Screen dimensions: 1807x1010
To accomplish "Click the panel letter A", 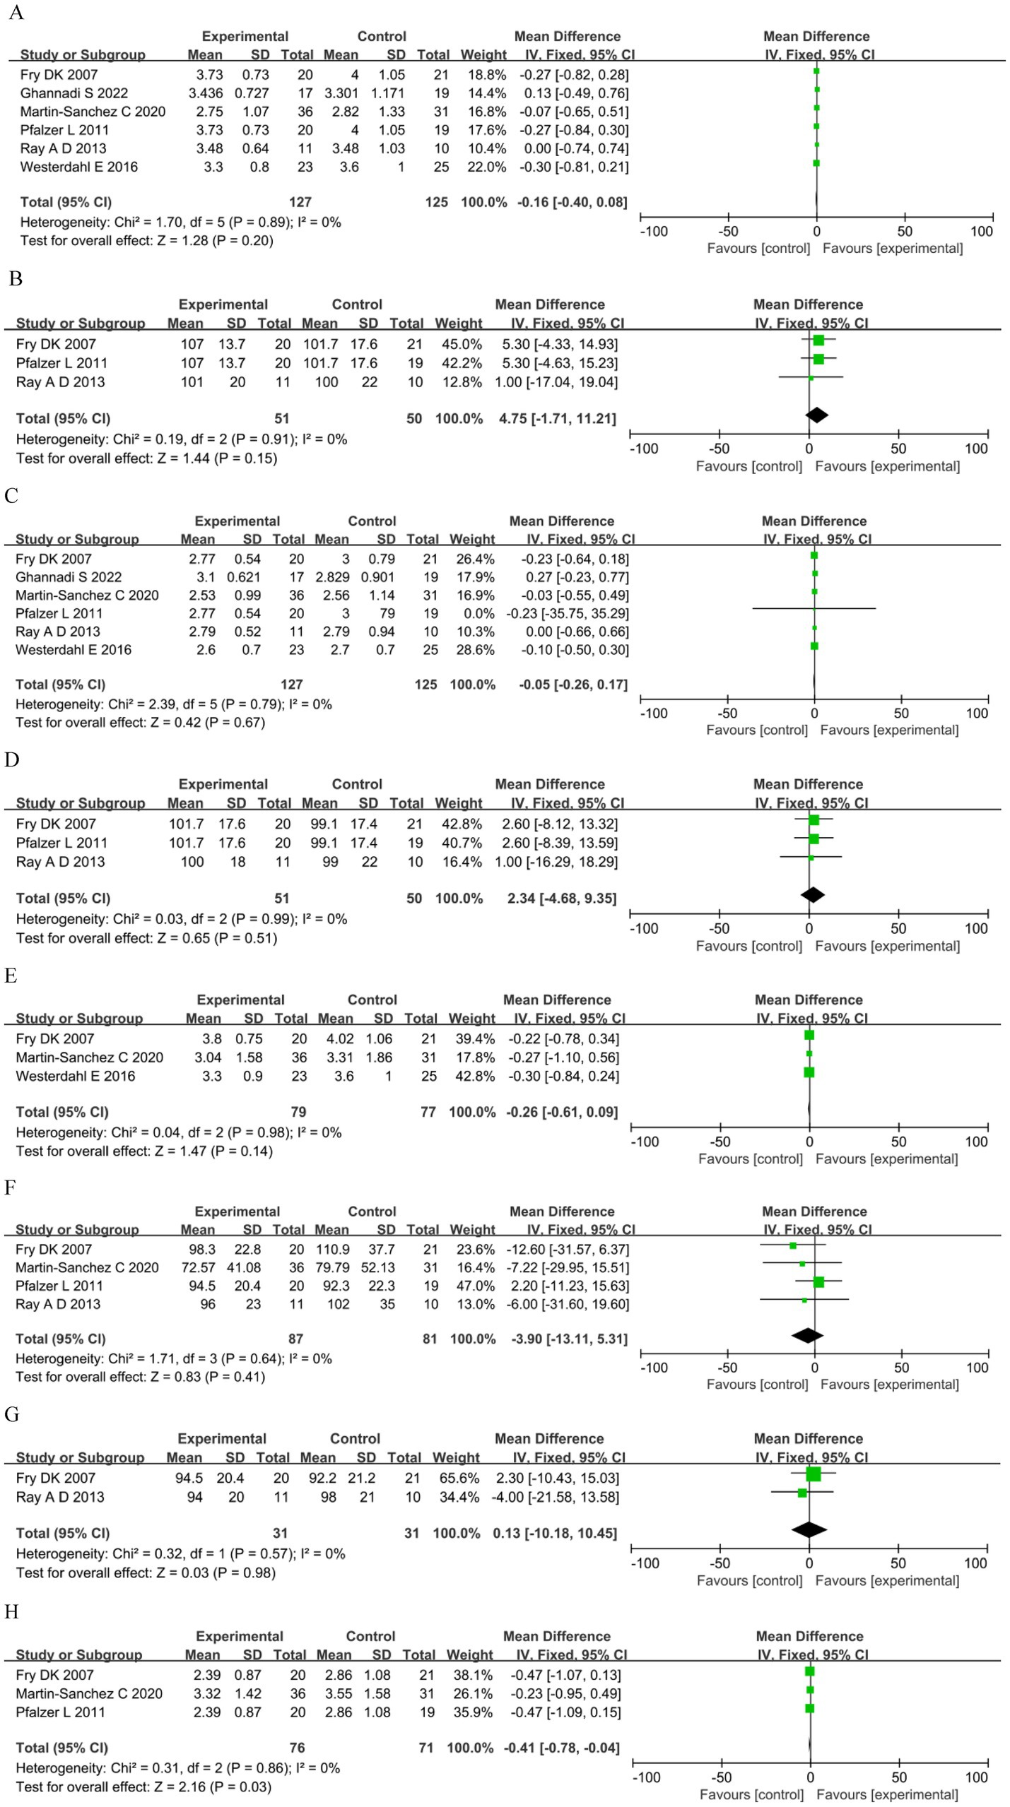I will tap(16, 13).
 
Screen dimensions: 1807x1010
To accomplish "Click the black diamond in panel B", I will tap(816, 415).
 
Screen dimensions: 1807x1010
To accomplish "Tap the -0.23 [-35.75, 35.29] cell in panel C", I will tap(567, 613).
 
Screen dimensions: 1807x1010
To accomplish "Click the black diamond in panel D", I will tap(813, 894).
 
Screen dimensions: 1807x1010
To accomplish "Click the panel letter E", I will tap(11, 976).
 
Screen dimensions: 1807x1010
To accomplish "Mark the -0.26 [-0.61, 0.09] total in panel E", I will tap(562, 1112).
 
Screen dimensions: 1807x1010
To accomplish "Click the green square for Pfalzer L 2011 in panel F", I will tap(818, 1282).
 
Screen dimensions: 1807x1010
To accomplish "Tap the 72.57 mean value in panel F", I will tap(198, 1267).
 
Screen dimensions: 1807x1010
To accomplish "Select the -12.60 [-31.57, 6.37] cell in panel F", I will tap(568, 1249).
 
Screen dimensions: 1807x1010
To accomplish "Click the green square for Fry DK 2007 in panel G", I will tap(814, 1474).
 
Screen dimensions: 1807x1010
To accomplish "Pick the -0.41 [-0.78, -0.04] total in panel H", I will tap(562, 1748).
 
